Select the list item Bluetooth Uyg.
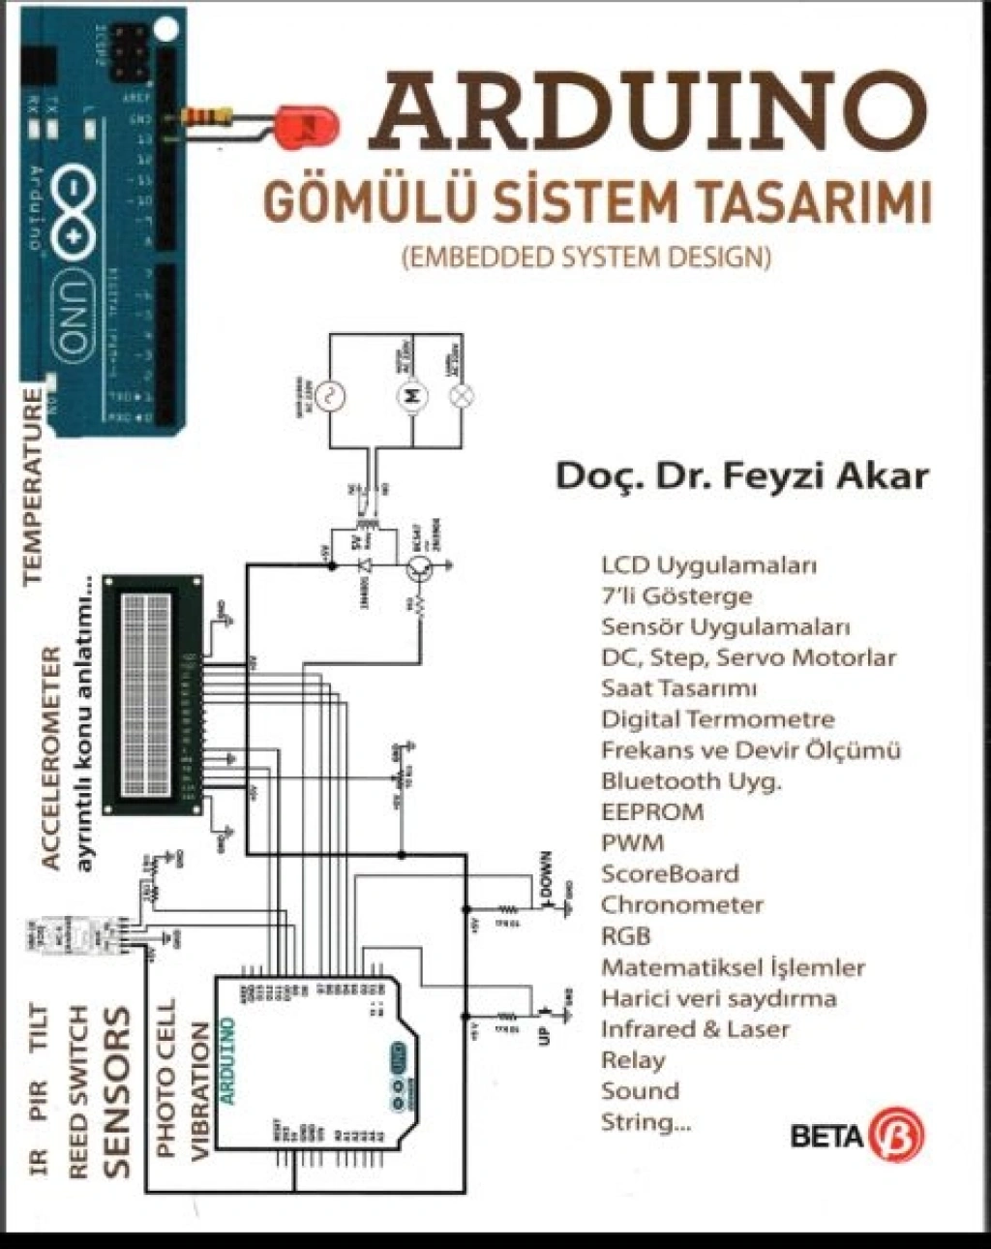[690, 780]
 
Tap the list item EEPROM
[651, 811]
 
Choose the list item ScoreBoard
[669, 873]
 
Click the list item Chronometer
[681, 904]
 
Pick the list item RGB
[625, 935]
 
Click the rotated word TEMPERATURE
[34, 484]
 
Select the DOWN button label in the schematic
[546, 874]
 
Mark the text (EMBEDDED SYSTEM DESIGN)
[585, 258]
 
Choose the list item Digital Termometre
[716, 718]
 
